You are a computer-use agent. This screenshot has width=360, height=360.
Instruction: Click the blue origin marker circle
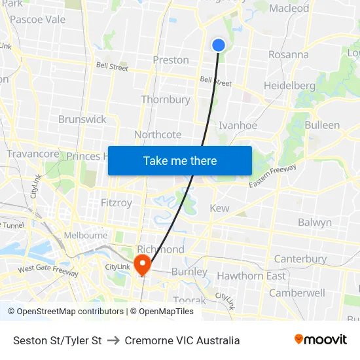click(219, 45)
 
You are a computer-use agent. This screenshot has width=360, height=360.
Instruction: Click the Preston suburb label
click(171, 60)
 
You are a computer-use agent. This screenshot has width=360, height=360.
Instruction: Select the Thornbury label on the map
click(166, 99)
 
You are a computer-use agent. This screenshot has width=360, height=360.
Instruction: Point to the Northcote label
click(158, 135)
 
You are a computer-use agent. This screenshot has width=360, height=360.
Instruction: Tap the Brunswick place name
click(82, 119)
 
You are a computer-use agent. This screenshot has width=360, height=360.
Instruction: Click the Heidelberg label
click(289, 86)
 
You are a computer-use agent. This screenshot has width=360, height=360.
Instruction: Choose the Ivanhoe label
click(238, 126)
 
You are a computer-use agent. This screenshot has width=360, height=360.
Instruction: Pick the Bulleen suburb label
click(322, 125)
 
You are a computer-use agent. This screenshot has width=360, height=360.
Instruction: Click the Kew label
click(219, 208)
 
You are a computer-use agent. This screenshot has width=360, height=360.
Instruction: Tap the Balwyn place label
click(315, 223)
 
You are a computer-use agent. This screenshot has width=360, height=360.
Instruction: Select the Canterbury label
click(300, 259)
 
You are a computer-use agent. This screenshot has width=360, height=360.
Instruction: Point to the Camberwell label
click(297, 293)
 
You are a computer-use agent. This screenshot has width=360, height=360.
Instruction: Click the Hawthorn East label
click(251, 276)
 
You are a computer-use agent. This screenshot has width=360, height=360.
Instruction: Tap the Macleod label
click(289, 9)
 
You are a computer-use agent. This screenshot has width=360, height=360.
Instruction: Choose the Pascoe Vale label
click(38, 20)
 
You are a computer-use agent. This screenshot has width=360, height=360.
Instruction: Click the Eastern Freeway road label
click(272, 177)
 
